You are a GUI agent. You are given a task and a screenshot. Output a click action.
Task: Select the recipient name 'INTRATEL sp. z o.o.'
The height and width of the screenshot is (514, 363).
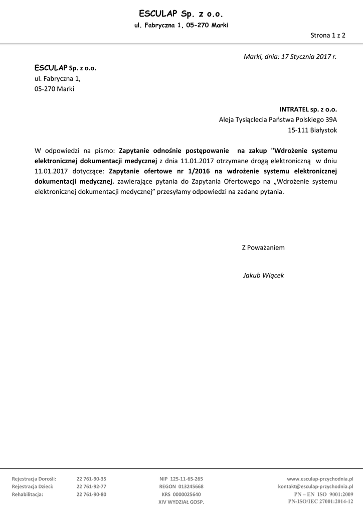click(308, 108)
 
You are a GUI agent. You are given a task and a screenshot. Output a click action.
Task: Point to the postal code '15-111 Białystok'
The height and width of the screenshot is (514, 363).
click(313, 130)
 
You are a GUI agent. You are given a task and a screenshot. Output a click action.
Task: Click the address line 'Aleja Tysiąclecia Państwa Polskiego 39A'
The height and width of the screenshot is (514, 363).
click(278, 119)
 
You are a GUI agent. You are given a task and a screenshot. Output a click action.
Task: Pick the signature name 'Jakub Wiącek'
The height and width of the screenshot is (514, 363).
click(263, 276)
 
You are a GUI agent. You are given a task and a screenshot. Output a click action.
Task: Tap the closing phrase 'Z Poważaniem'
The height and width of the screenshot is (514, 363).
click(263, 247)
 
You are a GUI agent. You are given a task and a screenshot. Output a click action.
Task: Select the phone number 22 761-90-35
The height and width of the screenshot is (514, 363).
click(91, 479)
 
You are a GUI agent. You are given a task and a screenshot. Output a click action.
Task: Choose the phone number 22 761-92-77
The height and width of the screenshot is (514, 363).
click(91, 486)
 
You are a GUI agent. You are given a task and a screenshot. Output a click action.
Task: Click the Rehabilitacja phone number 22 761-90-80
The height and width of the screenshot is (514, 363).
click(91, 494)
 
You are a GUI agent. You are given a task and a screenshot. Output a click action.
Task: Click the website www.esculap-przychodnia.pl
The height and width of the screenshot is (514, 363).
click(320, 479)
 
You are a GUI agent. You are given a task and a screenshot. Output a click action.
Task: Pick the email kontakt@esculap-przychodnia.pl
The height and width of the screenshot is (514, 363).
click(315, 486)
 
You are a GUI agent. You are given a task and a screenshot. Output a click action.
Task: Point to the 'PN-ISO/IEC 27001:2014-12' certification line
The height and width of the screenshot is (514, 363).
click(320, 501)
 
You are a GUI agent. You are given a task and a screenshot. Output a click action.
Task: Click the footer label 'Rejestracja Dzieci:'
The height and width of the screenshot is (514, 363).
click(33, 486)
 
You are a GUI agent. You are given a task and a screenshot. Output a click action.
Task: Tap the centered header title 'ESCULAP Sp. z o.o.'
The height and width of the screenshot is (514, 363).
click(181, 14)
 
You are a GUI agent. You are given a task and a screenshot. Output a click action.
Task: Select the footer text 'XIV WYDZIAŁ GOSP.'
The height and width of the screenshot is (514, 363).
click(181, 501)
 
